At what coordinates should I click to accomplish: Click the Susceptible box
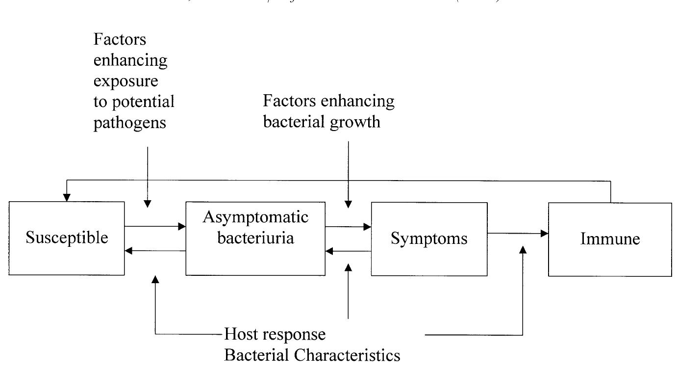67,238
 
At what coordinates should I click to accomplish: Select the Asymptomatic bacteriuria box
255,238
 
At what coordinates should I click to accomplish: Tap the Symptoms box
429,239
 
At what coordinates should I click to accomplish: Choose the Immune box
610,239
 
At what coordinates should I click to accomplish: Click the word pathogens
129,122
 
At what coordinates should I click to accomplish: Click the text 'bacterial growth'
322,121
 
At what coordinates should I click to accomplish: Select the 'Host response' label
275,335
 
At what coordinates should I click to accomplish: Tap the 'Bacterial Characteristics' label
312,355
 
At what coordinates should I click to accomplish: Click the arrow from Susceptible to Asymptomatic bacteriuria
155,226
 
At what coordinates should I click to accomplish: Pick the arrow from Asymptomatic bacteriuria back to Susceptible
155,251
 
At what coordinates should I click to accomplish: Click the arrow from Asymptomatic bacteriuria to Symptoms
348,227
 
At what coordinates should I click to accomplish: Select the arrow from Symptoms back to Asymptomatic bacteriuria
348,251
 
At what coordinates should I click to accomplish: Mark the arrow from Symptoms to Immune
517,234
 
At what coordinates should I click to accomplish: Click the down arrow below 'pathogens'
148,177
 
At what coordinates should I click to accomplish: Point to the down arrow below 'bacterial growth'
348,174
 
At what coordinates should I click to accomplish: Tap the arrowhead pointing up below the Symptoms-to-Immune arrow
523,250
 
